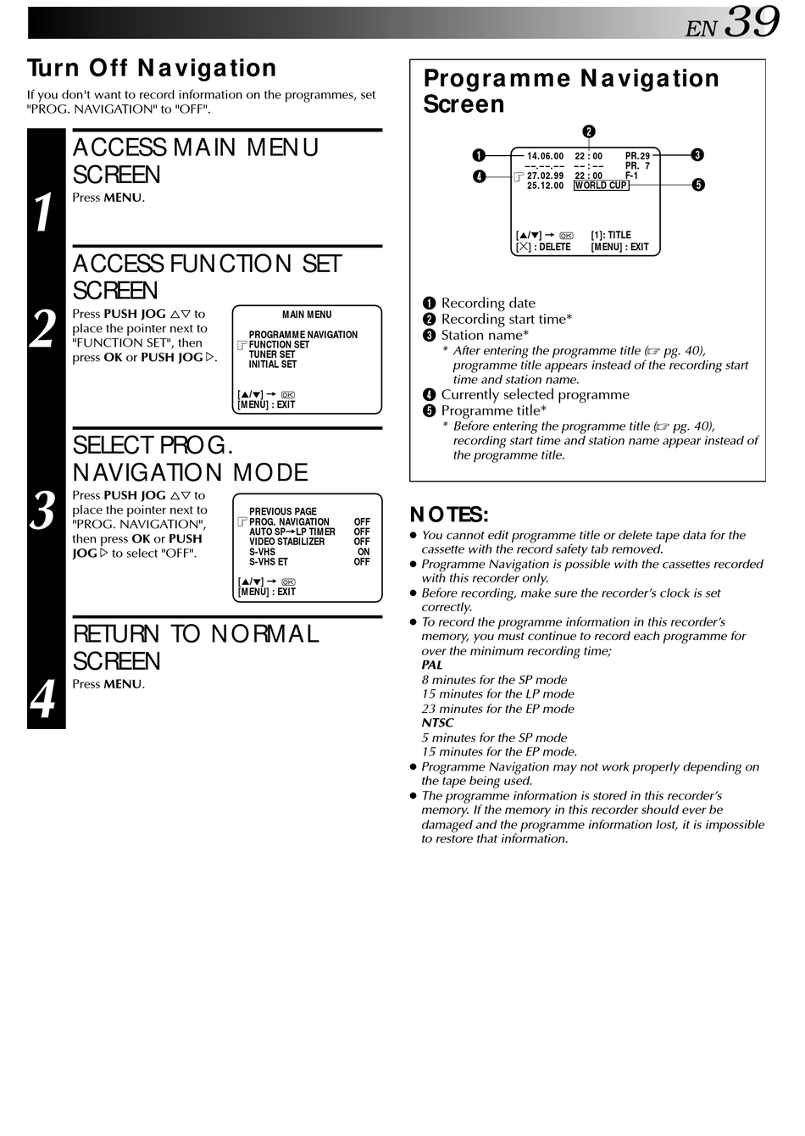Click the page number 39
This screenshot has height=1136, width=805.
752,22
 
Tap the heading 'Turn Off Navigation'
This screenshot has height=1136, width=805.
152,69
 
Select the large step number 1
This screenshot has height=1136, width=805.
45,212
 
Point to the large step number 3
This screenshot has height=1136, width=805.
44,511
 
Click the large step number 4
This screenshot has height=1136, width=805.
44,699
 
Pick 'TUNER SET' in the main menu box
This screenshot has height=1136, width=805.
272,355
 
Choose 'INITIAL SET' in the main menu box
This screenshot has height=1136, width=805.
273,365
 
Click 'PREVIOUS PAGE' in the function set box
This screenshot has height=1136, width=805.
283,512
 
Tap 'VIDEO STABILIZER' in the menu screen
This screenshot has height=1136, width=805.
287,542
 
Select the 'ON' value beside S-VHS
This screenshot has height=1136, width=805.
364,552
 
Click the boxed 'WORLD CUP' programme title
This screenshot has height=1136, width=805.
601,186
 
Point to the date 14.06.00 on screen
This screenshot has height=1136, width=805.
545,156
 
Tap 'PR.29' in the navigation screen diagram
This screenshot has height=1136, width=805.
637,156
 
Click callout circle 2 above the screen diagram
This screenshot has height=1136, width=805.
589,131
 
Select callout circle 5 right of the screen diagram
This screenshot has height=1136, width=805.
698,185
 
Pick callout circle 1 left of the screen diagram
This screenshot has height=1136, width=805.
479,155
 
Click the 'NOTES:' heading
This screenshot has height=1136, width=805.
448,515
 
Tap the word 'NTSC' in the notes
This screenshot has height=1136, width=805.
437,723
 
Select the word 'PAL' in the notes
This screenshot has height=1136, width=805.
432,665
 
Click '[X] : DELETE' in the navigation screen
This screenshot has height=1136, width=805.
543,248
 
